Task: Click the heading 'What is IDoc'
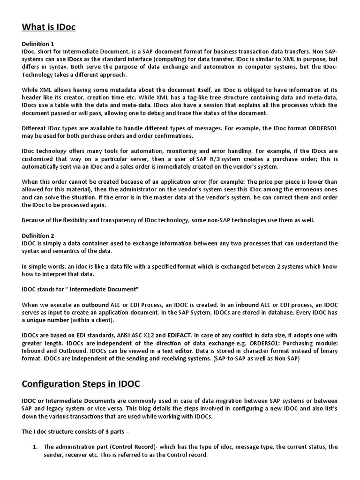49,27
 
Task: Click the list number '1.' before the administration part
35,447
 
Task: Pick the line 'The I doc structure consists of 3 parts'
75,431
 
